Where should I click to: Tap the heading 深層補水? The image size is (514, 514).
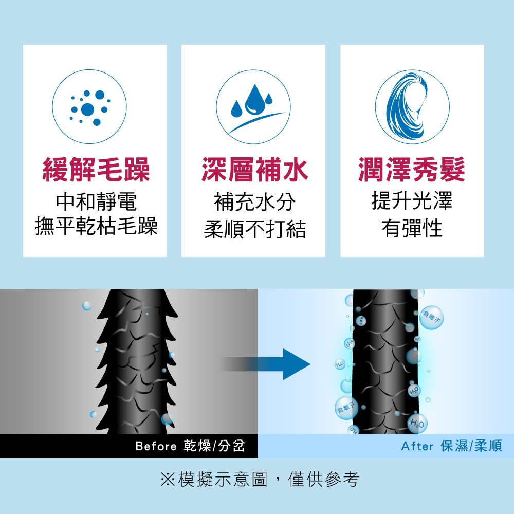pyautogui.click(x=254, y=171)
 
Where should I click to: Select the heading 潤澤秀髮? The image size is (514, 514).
pyautogui.click(x=412, y=171)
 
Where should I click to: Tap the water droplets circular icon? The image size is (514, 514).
pyautogui.click(x=253, y=107)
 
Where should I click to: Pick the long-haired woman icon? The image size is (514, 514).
pyautogui.click(x=412, y=107)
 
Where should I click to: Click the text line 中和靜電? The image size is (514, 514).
pyautogui.click(x=96, y=202)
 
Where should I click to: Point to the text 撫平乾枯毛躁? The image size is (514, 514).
pyautogui.click(x=96, y=227)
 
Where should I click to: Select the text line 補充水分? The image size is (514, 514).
pyautogui.click(x=254, y=202)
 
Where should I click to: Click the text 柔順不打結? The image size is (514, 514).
pyautogui.click(x=254, y=229)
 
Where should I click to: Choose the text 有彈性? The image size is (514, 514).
pyautogui.click(x=412, y=228)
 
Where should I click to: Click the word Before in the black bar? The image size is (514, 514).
pyautogui.click(x=156, y=446)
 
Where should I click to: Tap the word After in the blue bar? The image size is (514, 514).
pyautogui.click(x=417, y=446)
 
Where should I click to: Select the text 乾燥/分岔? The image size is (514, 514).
pyautogui.click(x=214, y=446)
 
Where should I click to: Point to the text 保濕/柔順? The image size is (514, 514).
pyautogui.click(x=471, y=446)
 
